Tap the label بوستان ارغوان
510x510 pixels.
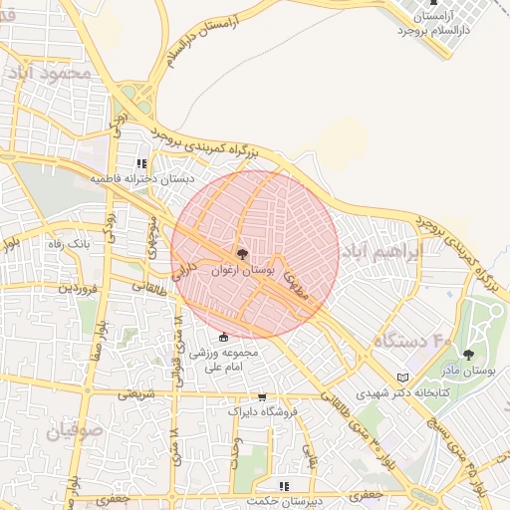pos(241,270)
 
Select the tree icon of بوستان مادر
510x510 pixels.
pos(468,354)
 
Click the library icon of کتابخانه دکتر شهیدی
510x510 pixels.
pos(402,378)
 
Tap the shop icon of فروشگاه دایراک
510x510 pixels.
pos(262,397)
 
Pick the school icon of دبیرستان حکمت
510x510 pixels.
pos(284,486)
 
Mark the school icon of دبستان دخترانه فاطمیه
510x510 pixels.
pos(141,163)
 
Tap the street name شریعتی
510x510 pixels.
pos(136,393)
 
